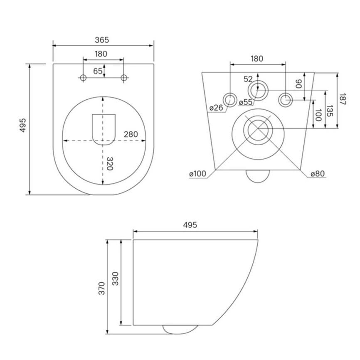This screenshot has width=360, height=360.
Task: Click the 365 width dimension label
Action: click(101, 40)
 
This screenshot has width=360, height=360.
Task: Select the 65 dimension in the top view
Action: click(97, 71)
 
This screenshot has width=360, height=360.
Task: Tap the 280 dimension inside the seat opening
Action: click(131, 135)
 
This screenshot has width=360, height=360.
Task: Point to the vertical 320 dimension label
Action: click(109, 164)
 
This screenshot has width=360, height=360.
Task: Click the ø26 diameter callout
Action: click(216, 108)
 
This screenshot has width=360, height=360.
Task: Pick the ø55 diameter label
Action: click(246, 102)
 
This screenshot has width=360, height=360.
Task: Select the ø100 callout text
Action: click(197, 174)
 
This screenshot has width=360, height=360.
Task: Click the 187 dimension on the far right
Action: click(343, 100)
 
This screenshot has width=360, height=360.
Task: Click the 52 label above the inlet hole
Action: click(248, 79)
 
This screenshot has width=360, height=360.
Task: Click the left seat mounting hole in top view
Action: click(83, 78)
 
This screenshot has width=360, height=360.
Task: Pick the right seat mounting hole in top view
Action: click(123, 78)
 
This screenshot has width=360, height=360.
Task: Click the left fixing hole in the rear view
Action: click(229, 99)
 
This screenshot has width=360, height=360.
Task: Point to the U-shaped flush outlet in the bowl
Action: click(103, 129)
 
